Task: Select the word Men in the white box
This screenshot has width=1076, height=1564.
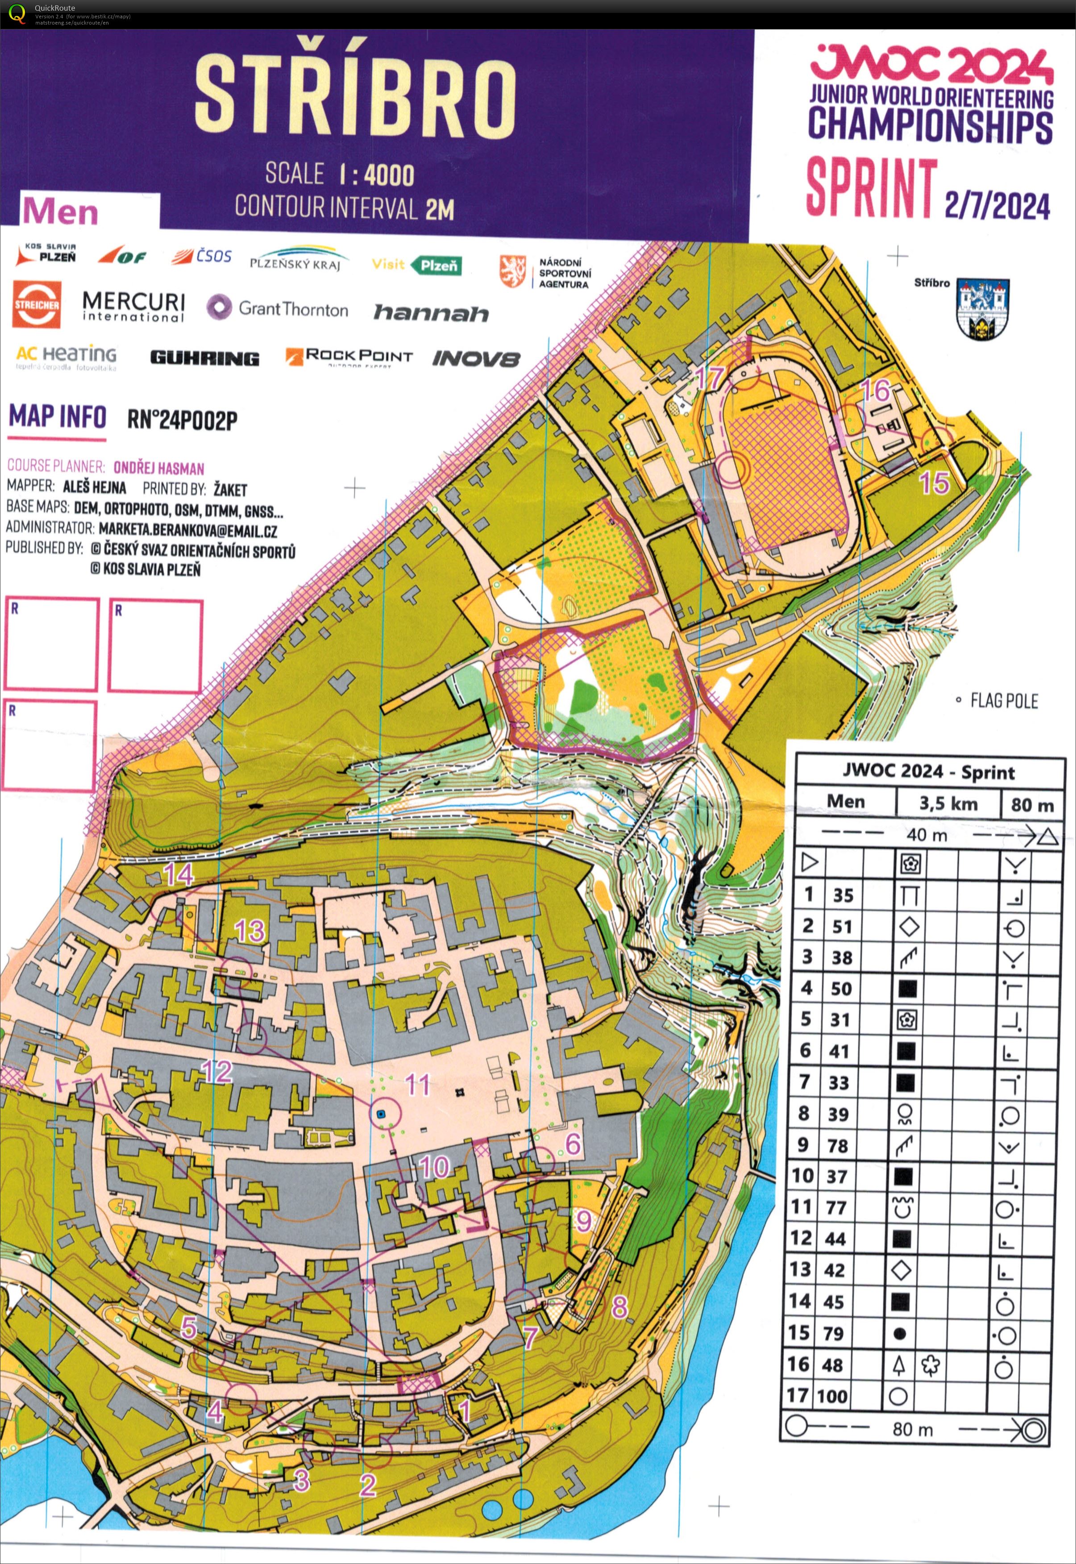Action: click(61, 212)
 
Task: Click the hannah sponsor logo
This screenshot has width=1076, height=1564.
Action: click(431, 313)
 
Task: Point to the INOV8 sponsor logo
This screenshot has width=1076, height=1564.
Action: click(476, 358)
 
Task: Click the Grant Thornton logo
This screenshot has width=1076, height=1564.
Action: click(277, 309)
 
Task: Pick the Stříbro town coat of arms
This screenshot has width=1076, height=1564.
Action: click(982, 309)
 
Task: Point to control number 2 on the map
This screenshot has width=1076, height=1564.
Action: click(367, 1484)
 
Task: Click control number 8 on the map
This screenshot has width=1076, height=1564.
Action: click(619, 1306)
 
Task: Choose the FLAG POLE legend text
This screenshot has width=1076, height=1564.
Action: click(1003, 700)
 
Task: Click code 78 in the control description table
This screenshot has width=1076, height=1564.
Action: click(838, 1145)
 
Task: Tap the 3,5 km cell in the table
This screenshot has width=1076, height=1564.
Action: click(948, 803)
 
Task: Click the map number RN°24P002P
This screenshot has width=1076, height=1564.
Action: click(182, 420)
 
